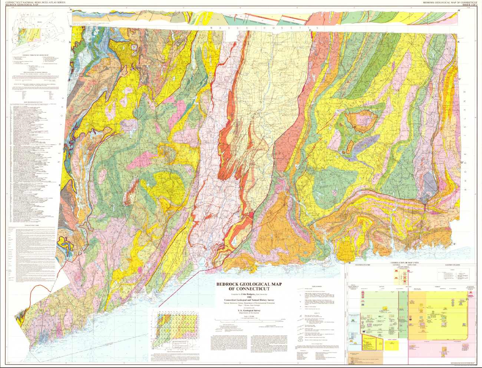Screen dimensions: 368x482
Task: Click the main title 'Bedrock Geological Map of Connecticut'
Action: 248,286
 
